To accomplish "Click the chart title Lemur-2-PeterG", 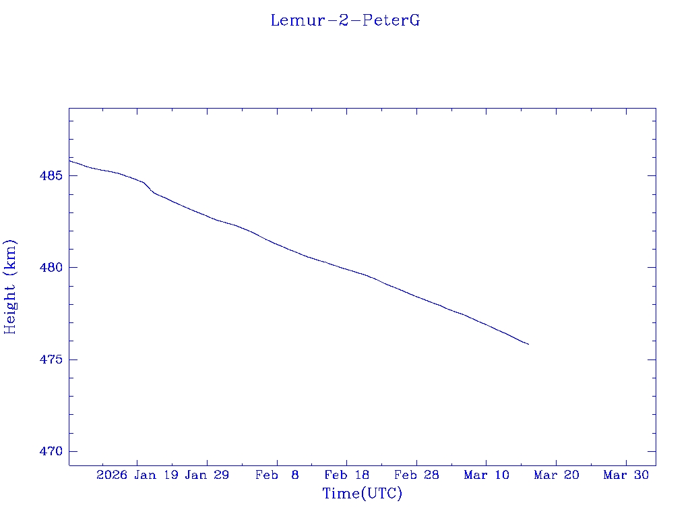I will coord(345,20).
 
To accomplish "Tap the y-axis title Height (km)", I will coord(10,287).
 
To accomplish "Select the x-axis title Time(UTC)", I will coord(363,494).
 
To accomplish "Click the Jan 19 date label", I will coord(156,476).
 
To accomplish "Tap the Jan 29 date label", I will coord(207,476).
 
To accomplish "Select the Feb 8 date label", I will coord(277,476).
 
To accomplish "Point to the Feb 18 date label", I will coord(347,476).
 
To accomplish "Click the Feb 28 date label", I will coord(416,476).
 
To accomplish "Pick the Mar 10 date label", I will coord(487,476).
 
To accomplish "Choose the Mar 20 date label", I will coord(557,476).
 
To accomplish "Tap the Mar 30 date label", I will coord(626,476).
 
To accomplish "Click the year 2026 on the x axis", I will coord(111,476).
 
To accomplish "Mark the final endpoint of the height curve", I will coord(529,345).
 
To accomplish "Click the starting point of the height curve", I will coord(69,161).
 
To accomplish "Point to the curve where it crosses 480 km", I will coord(342,267).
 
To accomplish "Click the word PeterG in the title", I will coord(391,20).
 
